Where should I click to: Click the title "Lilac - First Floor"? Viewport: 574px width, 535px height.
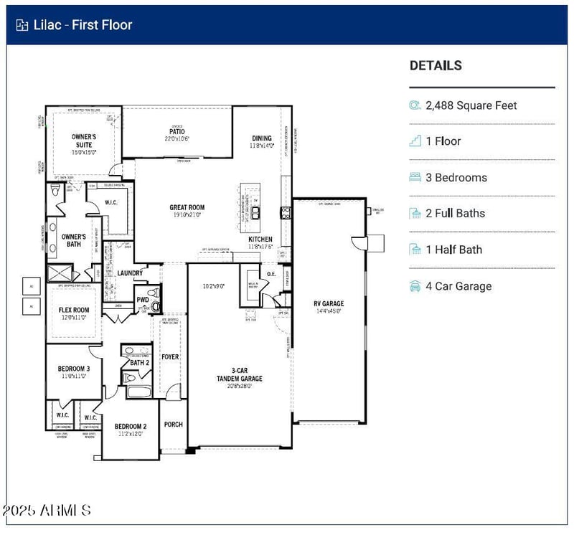pyautogui.click(x=83, y=25)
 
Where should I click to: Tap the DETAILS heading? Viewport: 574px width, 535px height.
pyautogui.click(x=436, y=65)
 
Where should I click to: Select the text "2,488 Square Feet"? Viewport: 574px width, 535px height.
pyautogui.click(x=471, y=105)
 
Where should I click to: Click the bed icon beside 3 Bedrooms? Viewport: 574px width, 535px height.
pyautogui.click(x=415, y=177)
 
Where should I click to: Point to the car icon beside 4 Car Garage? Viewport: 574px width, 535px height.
pyautogui.click(x=415, y=286)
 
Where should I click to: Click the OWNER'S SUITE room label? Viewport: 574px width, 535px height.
pyautogui.click(x=84, y=140)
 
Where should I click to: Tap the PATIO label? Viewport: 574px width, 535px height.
pyautogui.click(x=177, y=132)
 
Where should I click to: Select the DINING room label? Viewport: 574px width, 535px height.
pyautogui.click(x=262, y=138)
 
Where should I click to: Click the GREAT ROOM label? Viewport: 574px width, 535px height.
pyautogui.click(x=187, y=207)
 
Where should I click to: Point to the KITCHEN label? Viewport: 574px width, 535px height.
pyautogui.click(x=260, y=239)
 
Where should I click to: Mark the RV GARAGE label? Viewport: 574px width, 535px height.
pyautogui.click(x=329, y=303)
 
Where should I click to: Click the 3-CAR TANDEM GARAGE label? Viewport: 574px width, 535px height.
pyautogui.click(x=240, y=374)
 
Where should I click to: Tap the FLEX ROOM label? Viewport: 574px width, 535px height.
pyautogui.click(x=74, y=310)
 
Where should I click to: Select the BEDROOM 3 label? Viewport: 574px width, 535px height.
pyautogui.click(x=74, y=369)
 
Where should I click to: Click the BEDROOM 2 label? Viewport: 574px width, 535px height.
pyautogui.click(x=130, y=426)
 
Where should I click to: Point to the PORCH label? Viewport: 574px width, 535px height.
pyautogui.click(x=173, y=425)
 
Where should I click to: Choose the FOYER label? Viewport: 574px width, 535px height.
pyautogui.click(x=170, y=357)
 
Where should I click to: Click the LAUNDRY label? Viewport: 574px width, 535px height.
pyautogui.click(x=130, y=273)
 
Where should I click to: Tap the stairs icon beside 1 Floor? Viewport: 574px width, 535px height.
pyautogui.click(x=415, y=141)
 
